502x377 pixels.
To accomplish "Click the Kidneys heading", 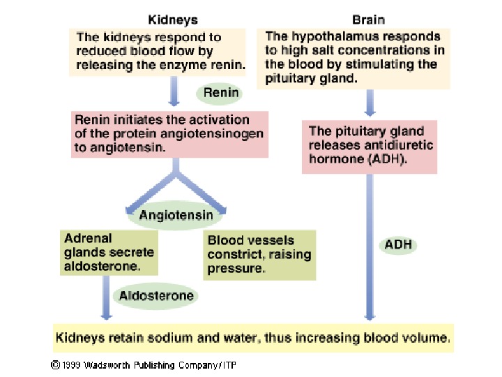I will click(x=172, y=20).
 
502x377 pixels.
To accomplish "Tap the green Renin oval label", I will click(x=221, y=92).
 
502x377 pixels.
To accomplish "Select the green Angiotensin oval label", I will click(x=176, y=215).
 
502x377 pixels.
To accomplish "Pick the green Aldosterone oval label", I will click(x=156, y=295).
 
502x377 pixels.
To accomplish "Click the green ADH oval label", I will click(x=398, y=245).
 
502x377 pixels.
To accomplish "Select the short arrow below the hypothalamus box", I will click(x=370, y=101).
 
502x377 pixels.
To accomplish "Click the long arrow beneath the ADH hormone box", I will click(x=370, y=244).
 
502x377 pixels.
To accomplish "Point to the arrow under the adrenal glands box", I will click(x=105, y=297).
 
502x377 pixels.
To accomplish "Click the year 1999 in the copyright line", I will click(x=71, y=364).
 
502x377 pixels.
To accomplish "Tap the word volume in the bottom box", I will click(x=425, y=338).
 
